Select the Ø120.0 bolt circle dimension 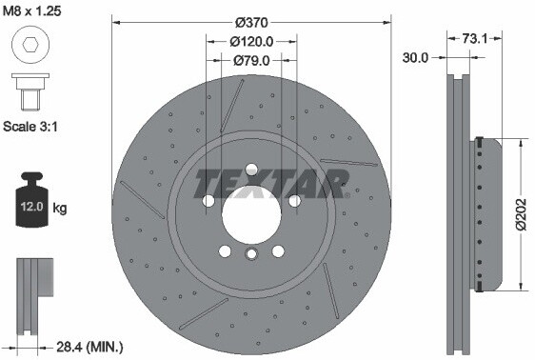(x=251, y=41)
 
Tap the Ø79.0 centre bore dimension (x=251, y=60)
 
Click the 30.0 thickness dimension (x=414, y=56)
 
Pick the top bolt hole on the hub (x=251, y=170)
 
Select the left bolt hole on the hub (x=208, y=201)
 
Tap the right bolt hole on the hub (x=295, y=201)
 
